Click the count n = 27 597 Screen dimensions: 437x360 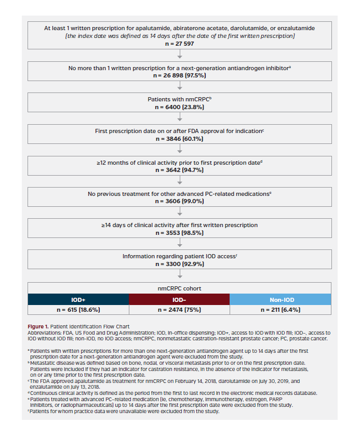click(179, 44)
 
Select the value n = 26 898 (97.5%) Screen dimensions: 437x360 click(179, 75)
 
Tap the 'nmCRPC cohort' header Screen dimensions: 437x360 click(179, 288)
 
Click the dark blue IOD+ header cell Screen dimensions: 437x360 click(78, 299)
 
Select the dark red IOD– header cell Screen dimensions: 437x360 click(179, 299)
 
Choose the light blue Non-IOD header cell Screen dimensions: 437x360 click(281, 299)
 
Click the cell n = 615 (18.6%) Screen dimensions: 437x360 click(78, 310)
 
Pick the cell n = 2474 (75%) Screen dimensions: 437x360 click(179, 310)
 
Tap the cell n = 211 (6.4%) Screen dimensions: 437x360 click(281, 310)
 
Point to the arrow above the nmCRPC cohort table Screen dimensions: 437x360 click(179, 275)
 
